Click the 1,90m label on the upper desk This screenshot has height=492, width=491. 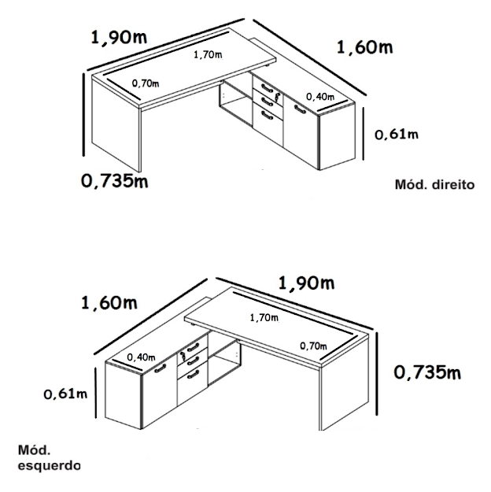tap(119, 37)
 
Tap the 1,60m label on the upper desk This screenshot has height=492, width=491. tap(364, 47)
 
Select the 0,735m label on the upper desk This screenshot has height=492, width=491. tap(115, 181)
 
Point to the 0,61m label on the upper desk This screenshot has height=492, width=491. tap(397, 135)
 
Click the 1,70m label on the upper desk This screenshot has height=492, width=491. tap(208, 54)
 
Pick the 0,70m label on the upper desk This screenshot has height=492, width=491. tap(146, 83)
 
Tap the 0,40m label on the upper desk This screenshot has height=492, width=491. tap(320, 97)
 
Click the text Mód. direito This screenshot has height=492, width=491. tap(434, 184)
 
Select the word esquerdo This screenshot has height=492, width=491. tap(50, 466)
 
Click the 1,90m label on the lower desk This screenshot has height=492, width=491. tap(306, 283)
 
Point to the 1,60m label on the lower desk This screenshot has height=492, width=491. tap(109, 303)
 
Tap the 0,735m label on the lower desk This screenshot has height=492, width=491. tap(427, 372)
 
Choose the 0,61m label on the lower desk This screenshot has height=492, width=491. tap(65, 394)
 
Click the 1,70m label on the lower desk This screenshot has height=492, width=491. tap(264, 318)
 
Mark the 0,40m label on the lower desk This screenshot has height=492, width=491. tap(141, 357)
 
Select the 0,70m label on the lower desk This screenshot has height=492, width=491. tap(313, 346)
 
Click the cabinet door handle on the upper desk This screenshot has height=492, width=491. tap(300, 109)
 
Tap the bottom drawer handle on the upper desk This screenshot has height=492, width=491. tap(267, 116)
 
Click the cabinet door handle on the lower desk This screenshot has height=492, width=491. tap(161, 368)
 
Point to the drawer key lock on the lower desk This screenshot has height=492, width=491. tap(183, 357)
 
